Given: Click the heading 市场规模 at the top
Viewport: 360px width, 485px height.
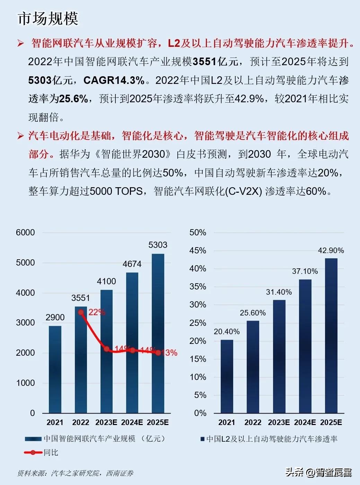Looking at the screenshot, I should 48,18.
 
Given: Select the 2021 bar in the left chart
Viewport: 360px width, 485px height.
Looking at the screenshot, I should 55,369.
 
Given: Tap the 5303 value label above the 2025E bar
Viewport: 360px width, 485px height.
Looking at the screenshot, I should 158,245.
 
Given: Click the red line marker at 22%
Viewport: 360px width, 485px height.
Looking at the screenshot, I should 81,312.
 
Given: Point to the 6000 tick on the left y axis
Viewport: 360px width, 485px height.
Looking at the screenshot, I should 25,233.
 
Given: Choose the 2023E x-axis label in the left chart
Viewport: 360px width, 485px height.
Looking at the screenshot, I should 106,423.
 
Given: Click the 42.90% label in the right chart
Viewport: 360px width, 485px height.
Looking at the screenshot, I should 331,251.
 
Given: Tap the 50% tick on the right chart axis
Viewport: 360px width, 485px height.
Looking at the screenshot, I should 197,233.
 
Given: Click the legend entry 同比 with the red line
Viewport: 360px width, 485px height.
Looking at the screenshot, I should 42,452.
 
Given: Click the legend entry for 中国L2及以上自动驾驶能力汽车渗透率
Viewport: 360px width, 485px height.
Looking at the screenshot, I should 269,439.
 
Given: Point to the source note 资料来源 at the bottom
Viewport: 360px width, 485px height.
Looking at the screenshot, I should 75,473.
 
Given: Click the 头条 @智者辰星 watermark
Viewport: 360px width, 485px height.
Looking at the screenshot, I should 318,472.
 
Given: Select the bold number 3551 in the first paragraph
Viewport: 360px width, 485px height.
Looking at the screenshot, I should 204,62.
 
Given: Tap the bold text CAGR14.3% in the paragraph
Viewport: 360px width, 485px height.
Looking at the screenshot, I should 114,80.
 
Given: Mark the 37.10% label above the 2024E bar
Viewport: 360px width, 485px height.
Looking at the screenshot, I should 305,271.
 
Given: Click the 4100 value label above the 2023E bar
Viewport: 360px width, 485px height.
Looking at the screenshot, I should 106,282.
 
